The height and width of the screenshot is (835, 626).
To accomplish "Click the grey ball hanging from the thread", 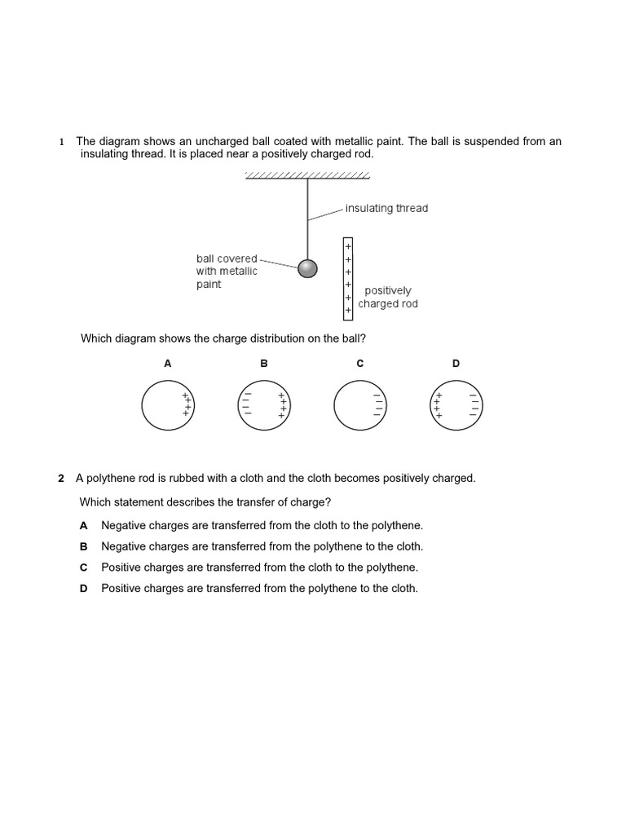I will [x=307, y=268].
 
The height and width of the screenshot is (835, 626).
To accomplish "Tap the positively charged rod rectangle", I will [x=348, y=278].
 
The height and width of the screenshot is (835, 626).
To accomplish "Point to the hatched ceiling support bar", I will [x=307, y=175].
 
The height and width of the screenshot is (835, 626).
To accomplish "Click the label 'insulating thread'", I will [x=386, y=208].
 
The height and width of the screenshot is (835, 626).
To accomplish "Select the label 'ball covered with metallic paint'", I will [x=227, y=272].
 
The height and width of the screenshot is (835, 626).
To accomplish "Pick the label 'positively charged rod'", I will [x=388, y=297].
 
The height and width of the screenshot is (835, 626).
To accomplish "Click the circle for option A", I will [x=167, y=404].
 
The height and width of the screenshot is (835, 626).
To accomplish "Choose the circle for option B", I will [x=263, y=404].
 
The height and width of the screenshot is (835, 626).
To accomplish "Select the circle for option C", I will [x=359, y=404].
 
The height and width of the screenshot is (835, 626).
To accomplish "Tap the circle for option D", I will [x=456, y=404].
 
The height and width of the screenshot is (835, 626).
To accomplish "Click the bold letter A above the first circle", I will [x=168, y=364].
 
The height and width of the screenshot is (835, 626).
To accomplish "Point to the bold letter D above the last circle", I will [x=456, y=364].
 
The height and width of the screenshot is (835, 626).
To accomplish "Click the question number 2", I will [x=61, y=479].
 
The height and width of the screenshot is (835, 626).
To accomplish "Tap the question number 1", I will [x=61, y=142].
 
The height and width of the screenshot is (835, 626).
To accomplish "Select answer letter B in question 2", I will [x=83, y=546].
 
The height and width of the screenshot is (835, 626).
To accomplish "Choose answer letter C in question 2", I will [x=83, y=568].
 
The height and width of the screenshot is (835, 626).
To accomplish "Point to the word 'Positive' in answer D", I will [x=121, y=588].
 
